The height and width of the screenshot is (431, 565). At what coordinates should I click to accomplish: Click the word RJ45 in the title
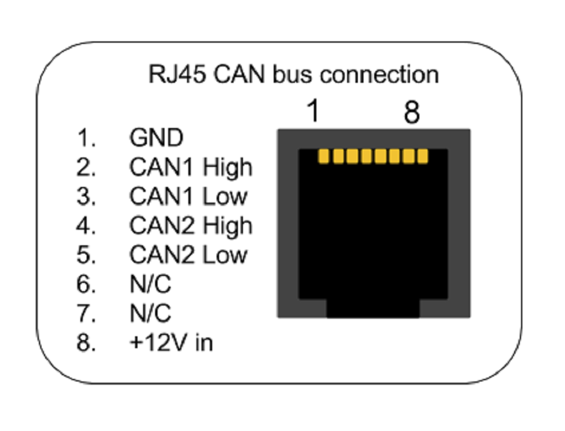pyautogui.click(x=177, y=74)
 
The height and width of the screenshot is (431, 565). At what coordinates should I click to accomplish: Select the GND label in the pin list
pyautogui.click(x=156, y=137)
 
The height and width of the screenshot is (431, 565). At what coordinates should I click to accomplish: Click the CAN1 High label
pyautogui.click(x=191, y=168)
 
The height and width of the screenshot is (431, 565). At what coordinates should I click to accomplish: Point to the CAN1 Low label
pyautogui.click(x=188, y=196)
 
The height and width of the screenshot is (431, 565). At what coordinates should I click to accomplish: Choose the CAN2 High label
pyautogui.click(x=191, y=226)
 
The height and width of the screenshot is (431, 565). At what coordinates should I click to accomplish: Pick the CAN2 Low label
pyautogui.click(x=188, y=255)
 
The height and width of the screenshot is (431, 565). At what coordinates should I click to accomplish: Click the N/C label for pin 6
pyautogui.click(x=150, y=284)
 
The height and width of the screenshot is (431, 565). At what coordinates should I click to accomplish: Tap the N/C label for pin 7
pyautogui.click(x=150, y=313)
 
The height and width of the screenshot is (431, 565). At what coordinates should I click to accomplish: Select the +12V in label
pyautogui.click(x=171, y=342)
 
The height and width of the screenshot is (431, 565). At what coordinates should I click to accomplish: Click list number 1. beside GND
pyautogui.click(x=87, y=137)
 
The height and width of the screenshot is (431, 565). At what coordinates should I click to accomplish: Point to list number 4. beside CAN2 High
pyautogui.click(x=87, y=225)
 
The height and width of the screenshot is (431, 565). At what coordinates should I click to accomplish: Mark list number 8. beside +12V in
pyautogui.click(x=87, y=342)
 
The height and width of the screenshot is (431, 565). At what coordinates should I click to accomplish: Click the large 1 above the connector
pyautogui.click(x=313, y=111)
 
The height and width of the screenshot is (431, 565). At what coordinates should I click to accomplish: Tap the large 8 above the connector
pyautogui.click(x=412, y=112)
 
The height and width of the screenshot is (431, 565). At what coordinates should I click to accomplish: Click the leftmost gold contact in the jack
pyautogui.click(x=324, y=156)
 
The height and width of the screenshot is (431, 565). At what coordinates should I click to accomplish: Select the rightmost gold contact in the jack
pyautogui.click(x=422, y=156)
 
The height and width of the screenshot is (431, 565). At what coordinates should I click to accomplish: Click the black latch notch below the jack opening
pyautogui.click(x=373, y=308)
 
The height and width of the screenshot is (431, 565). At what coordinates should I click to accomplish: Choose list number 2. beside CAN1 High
pyautogui.click(x=87, y=167)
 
